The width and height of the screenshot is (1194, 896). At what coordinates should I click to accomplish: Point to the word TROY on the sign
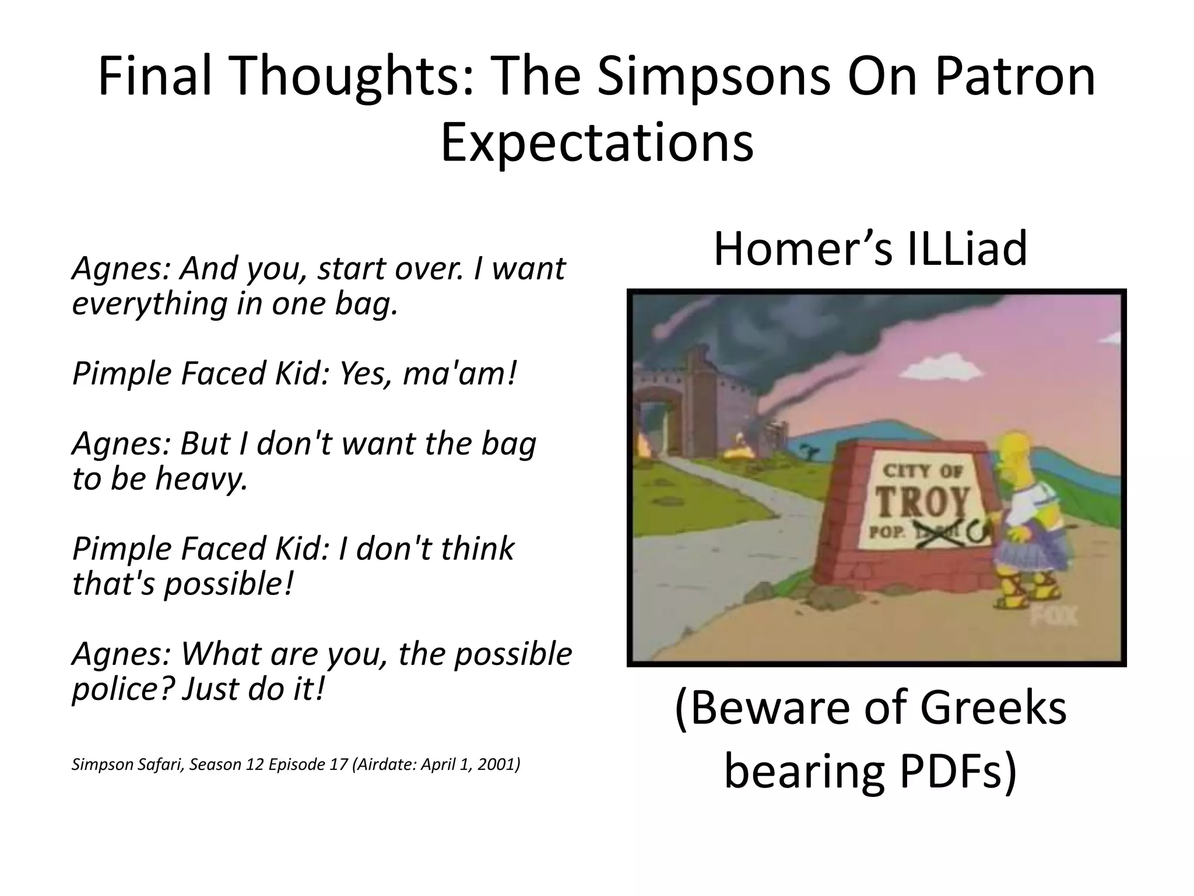coord(923,502)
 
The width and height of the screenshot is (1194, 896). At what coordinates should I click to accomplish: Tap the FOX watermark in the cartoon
coord(1056,615)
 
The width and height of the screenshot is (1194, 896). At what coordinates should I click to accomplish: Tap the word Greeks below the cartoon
coord(994,709)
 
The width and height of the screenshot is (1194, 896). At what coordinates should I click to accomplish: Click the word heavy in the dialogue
coord(202,479)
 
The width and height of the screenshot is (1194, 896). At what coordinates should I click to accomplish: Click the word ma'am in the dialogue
coord(459,374)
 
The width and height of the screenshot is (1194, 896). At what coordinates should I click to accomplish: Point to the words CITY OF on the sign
coord(922,471)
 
